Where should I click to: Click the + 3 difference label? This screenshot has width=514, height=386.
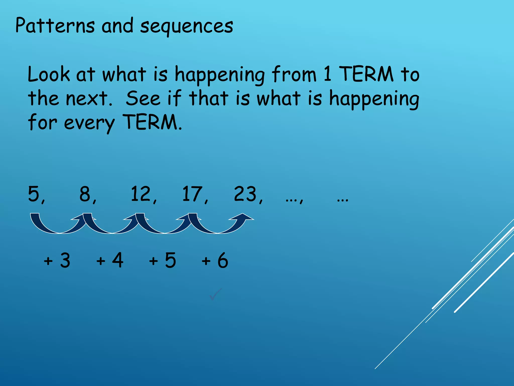point(57,260)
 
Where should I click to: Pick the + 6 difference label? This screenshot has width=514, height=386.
point(215,260)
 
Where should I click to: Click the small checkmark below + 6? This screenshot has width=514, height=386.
point(215,294)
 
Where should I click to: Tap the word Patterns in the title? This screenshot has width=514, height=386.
point(55,26)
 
